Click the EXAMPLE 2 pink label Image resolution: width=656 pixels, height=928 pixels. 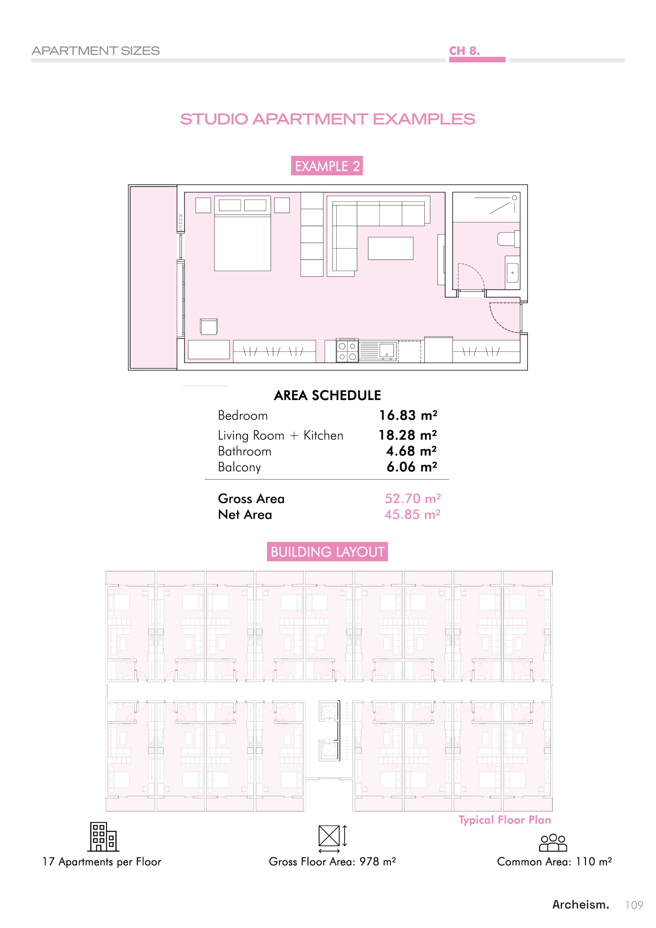pos(327,166)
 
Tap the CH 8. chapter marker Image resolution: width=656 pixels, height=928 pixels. pos(464,51)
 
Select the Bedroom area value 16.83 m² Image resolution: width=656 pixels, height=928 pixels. pos(408,415)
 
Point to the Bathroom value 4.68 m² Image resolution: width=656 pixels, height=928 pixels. pos(412,451)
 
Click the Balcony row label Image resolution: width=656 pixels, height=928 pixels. pos(240,467)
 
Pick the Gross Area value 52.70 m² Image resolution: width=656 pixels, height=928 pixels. pos(412,498)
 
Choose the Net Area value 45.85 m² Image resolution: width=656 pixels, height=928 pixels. pos(412,515)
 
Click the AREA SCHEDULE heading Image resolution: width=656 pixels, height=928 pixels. pos(328,395)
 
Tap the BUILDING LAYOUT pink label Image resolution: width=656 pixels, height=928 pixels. pos(327,552)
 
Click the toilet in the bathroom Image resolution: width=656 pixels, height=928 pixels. pos(508,238)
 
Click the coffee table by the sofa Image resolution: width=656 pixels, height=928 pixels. pos(391,248)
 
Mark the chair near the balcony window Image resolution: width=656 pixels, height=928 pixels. pos(209,327)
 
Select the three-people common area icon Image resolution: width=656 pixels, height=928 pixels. pos(553,843)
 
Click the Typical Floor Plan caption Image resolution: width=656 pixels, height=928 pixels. pos(504,820)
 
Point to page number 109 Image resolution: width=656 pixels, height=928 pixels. pos(634,905)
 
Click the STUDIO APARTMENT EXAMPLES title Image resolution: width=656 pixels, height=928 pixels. pos(328,119)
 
